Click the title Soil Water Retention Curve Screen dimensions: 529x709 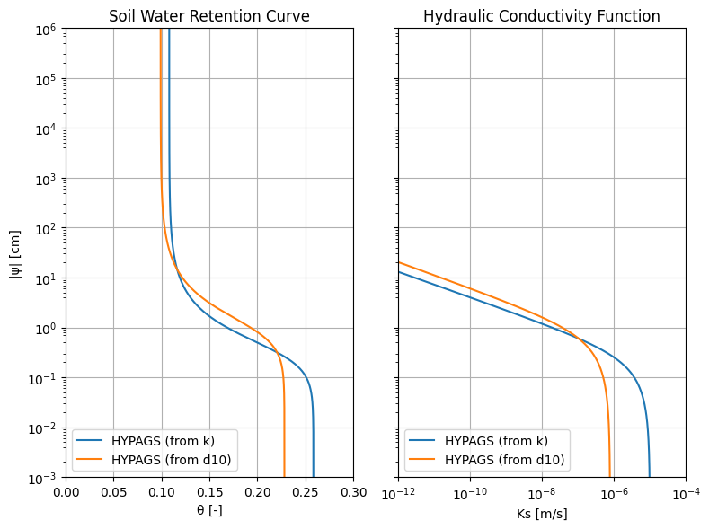pos(209,16)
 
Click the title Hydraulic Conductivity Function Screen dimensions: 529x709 pos(542,16)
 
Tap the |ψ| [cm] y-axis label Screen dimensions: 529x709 pos(15,253)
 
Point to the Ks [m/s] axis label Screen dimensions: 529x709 pos(542,514)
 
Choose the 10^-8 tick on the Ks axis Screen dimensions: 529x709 pos(542,494)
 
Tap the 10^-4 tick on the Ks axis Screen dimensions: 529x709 pos(686,494)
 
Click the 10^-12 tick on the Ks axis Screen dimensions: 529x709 pos(398,494)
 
